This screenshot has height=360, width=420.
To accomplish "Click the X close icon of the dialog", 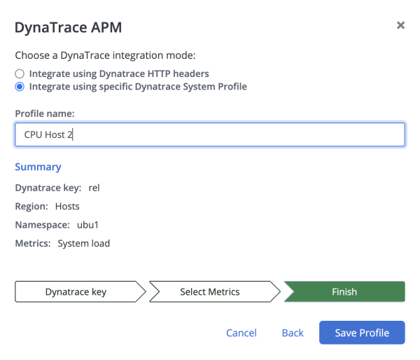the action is coord(400,25).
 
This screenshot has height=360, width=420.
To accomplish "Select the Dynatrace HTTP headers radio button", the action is coord(20,74).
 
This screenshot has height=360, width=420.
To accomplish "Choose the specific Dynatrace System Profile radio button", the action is coord(20,87).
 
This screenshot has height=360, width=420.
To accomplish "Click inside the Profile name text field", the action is coord(210,134).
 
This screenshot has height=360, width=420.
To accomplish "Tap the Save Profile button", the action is coord(362,333).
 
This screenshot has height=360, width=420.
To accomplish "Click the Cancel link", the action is coord(241,333).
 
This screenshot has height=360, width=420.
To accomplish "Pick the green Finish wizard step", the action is coord(344,291).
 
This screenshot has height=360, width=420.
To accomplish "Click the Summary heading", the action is coord(38,167).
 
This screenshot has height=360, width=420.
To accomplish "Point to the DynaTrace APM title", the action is coord(69,27).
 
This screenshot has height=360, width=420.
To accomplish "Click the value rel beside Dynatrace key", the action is coord(94,188).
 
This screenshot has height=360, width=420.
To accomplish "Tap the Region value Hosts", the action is coord(67,207).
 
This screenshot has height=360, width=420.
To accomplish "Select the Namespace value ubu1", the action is coord(87,225).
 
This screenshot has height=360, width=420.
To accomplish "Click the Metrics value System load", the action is coord(83,244).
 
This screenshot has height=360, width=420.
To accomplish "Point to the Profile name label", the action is coord(45,113).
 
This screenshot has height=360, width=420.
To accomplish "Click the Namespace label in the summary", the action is coord(42,225).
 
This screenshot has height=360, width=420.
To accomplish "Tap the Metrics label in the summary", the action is coord(33,244).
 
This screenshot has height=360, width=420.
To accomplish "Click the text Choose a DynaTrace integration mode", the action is coord(105,55).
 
